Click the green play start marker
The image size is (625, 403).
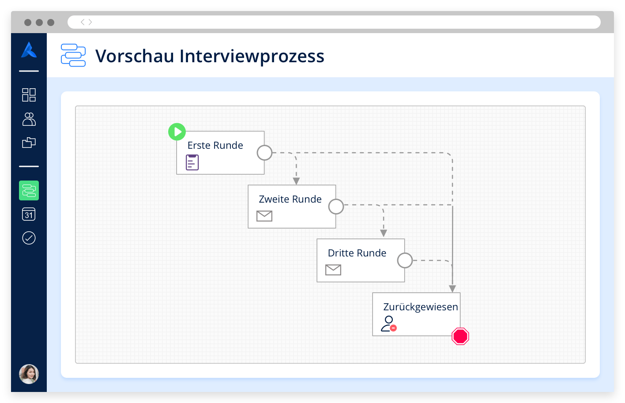177,132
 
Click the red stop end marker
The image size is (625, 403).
460,336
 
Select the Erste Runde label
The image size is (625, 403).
215,145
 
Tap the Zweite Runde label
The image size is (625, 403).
290,199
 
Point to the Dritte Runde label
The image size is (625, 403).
357,253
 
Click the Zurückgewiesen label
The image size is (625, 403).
421,307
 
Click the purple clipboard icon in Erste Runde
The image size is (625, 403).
192,162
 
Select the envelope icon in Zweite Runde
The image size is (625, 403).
264,216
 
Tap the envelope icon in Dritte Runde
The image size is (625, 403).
333,270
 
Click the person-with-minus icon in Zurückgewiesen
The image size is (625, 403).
389,324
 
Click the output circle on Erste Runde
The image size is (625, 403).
264,153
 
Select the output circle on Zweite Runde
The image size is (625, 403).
336,207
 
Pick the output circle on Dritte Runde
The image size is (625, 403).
405,260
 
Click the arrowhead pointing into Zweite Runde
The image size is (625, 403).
296,181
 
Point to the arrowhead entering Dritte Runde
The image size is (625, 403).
384,233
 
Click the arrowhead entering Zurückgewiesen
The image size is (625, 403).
452,289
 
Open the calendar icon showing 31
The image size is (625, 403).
29,215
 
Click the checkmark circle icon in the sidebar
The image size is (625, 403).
29,238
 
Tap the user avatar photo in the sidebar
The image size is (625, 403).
29,374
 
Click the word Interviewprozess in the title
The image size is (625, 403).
252,56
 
